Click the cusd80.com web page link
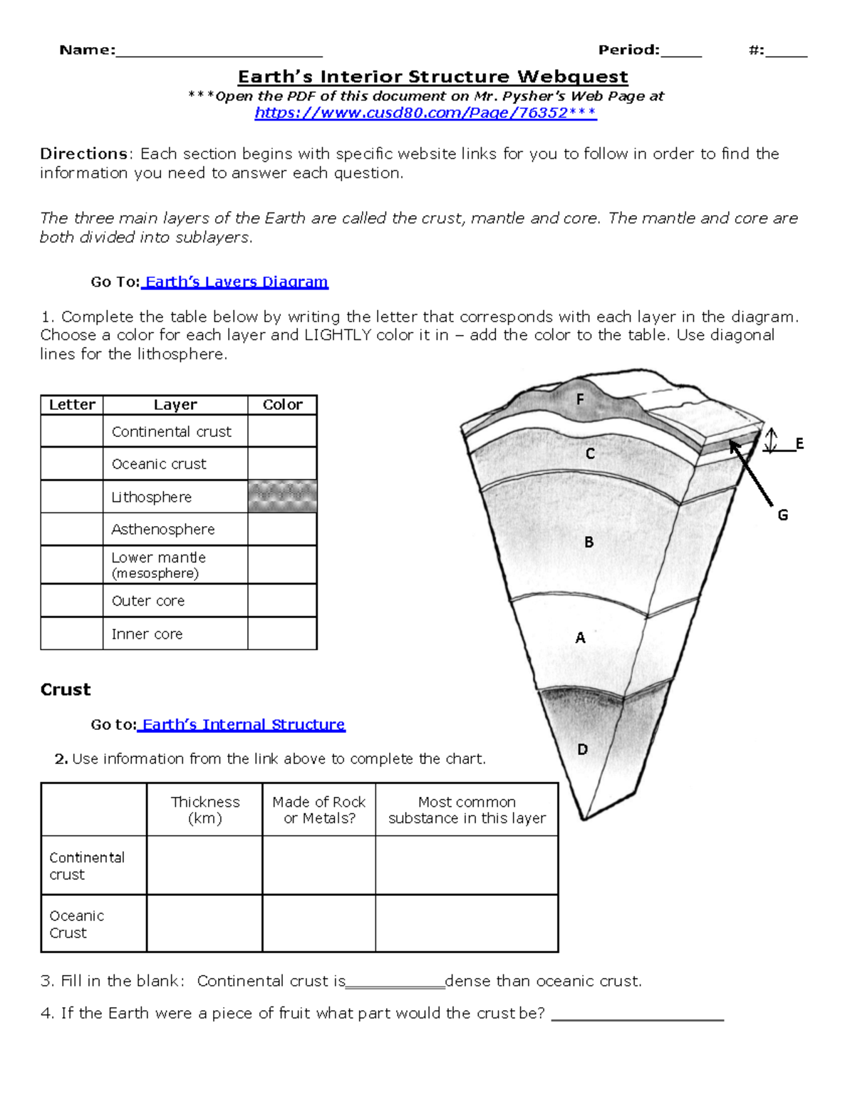pyautogui.click(x=425, y=113)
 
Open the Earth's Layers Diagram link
pyautogui.click(x=236, y=282)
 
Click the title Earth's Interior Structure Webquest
pyautogui.click(x=432, y=77)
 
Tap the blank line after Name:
pyautogui.click(x=219, y=51)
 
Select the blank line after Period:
pyautogui.click(x=681, y=51)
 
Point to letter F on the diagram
pyautogui.click(x=580, y=400)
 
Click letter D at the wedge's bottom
pyautogui.click(x=582, y=749)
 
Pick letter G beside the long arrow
pyautogui.click(x=782, y=515)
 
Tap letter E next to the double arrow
pyautogui.click(x=799, y=443)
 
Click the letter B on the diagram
pyautogui.click(x=589, y=542)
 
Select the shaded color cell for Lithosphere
pyautogui.click(x=282, y=496)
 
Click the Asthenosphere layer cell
pyautogui.click(x=175, y=530)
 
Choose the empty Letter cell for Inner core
pyautogui.click(x=72, y=634)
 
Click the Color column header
pyautogui.click(x=282, y=405)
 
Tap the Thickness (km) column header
pyautogui.click(x=204, y=810)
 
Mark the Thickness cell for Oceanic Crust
pyautogui.click(x=204, y=924)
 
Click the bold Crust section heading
pyautogui.click(x=66, y=689)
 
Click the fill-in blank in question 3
pyautogui.click(x=395, y=982)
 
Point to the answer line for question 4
pyautogui.click(x=638, y=1015)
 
